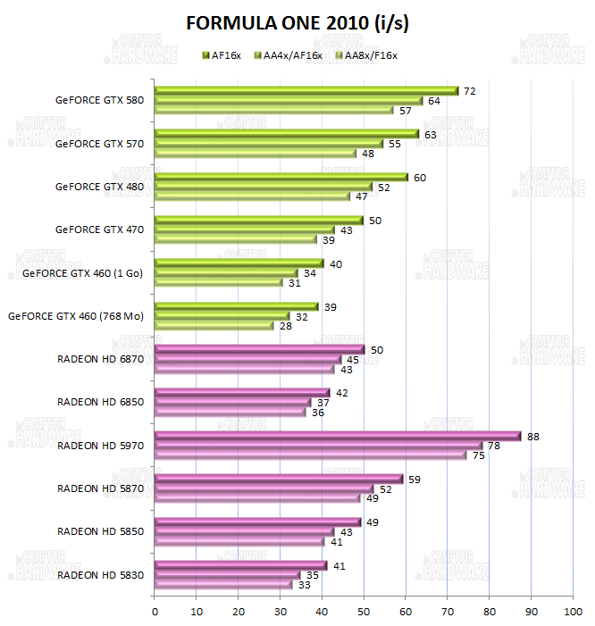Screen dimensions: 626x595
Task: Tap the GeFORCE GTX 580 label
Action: tap(99, 100)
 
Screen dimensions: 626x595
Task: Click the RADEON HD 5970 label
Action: tap(99, 445)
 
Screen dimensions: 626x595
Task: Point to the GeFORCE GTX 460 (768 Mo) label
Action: tap(75, 315)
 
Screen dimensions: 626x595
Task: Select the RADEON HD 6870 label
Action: tap(99, 359)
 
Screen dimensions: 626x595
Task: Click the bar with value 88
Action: tap(338, 436)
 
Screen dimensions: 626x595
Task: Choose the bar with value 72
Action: tap(306, 91)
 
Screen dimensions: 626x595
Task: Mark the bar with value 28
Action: tap(214, 326)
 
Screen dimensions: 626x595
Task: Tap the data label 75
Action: tap(479, 455)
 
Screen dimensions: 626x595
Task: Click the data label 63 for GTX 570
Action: tap(431, 135)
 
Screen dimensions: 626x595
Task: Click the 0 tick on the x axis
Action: tap(155, 612)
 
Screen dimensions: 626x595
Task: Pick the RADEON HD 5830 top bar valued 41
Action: tap(240, 565)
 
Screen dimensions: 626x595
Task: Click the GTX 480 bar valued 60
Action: tap(281, 177)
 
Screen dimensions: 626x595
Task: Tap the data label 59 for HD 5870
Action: tap(415, 479)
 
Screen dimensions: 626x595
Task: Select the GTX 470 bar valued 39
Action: tap(236, 239)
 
